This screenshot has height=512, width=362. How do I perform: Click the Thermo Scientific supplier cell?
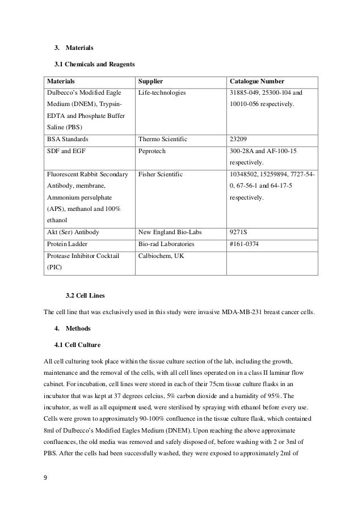click(163, 138)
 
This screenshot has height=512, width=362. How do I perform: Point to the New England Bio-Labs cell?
click(169, 231)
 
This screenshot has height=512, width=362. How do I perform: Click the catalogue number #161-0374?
click(245, 244)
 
